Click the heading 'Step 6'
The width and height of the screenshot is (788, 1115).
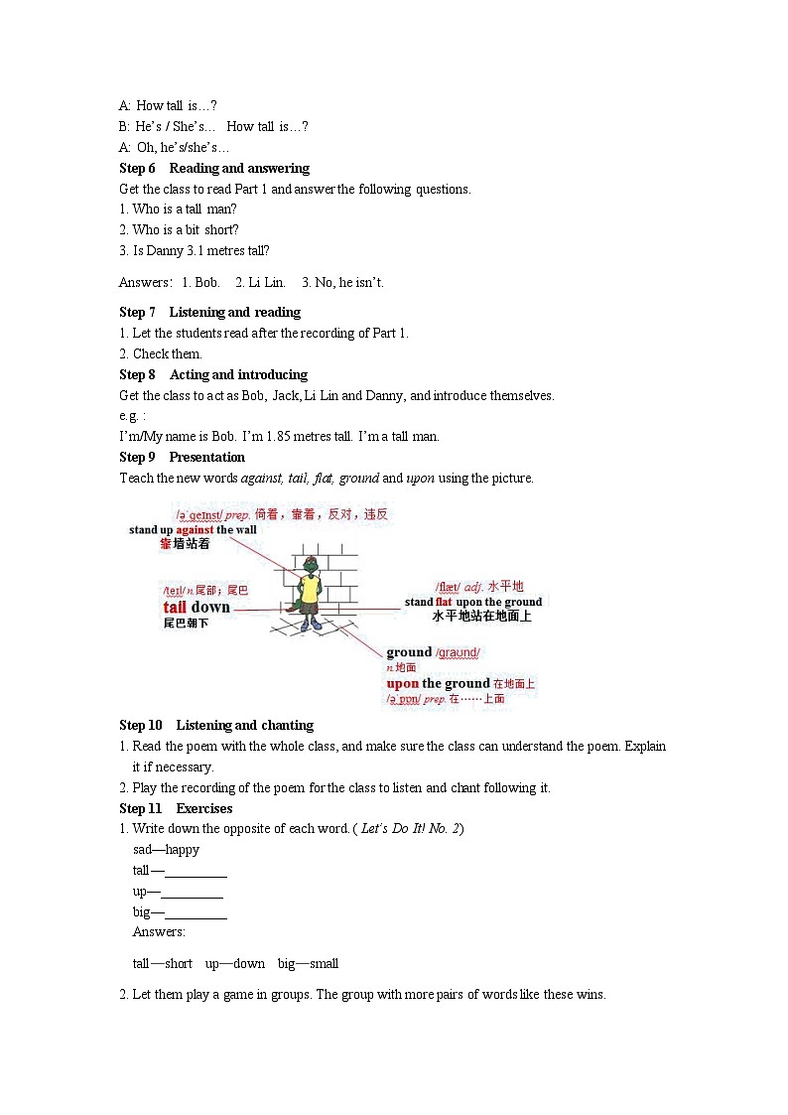tap(137, 168)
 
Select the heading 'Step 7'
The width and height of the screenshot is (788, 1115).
tap(137, 312)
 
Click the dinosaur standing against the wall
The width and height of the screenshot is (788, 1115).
tap(311, 594)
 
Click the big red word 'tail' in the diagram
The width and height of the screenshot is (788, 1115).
tap(175, 607)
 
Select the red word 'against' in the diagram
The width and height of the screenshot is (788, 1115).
tap(195, 529)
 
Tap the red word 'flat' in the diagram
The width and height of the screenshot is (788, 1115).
tap(444, 602)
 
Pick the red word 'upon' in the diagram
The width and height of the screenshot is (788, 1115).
tap(403, 683)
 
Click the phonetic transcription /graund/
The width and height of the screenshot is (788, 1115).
tap(458, 652)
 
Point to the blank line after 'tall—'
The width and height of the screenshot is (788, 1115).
tap(196, 871)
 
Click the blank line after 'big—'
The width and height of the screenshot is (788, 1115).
tap(196, 912)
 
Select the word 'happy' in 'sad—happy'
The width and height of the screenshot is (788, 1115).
tap(183, 849)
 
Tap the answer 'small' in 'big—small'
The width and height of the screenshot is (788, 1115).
tap(324, 963)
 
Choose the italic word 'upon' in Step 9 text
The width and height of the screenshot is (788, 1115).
tap(421, 478)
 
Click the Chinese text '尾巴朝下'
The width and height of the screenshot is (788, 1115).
tap(186, 623)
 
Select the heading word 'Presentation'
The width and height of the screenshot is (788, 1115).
tap(206, 457)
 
